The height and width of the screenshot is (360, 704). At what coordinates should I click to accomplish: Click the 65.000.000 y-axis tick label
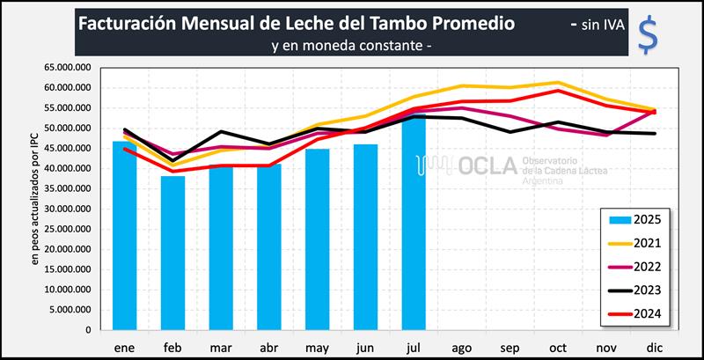67,68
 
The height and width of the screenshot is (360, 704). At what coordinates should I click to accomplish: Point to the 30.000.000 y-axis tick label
67,209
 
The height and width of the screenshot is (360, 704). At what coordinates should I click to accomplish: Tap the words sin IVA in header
603,25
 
